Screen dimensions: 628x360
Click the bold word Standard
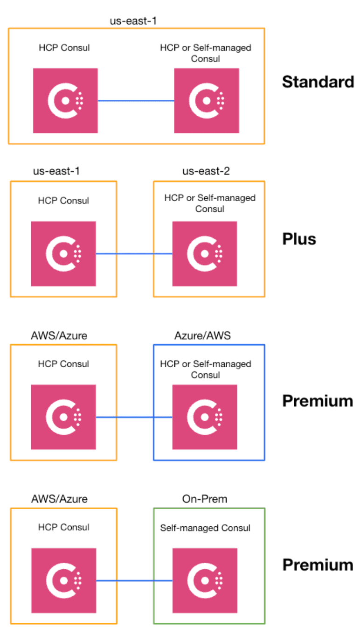(x=318, y=82)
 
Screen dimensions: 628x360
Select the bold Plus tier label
(x=299, y=239)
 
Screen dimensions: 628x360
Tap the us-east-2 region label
(x=206, y=171)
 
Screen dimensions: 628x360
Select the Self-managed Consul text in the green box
(x=205, y=528)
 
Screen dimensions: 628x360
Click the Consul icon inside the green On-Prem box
(x=205, y=580)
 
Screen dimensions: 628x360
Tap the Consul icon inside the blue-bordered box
(x=205, y=417)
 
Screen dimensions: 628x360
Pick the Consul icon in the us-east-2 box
(x=205, y=254)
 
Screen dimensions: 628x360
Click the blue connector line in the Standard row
(x=136, y=100)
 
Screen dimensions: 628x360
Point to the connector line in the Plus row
(x=134, y=254)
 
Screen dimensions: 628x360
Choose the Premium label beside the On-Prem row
(x=318, y=565)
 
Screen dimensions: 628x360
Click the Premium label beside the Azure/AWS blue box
(x=318, y=401)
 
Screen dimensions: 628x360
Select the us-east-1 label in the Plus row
(x=56, y=171)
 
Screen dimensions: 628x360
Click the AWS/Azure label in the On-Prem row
(x=59, y=499)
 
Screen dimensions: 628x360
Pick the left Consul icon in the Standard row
(x=65, y=100)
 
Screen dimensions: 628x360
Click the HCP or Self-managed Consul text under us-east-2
(x=210, y=203)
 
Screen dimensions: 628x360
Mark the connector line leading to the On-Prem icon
(x=134, y=580)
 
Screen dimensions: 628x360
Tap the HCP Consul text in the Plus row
(x=63, y=201)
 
